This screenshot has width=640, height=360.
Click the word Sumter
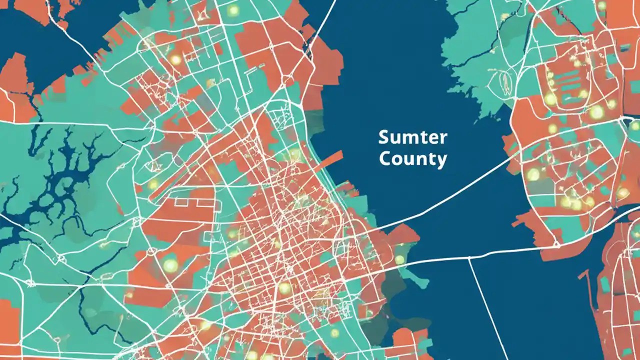(x=413, y=136)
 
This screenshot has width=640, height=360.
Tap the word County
(x=412, y=159)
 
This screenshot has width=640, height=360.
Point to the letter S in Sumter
(x=383, y=136)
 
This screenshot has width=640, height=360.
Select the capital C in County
(x=385, y=158)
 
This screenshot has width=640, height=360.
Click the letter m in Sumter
(x=409, y=137)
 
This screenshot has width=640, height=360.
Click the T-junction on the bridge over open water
(x=469, y=258)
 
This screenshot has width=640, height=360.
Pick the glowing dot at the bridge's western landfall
(x=399, y=259)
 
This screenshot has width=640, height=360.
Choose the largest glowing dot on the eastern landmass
(x=596, y=112)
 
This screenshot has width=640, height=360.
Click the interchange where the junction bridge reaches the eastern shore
(x=556, y=244)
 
